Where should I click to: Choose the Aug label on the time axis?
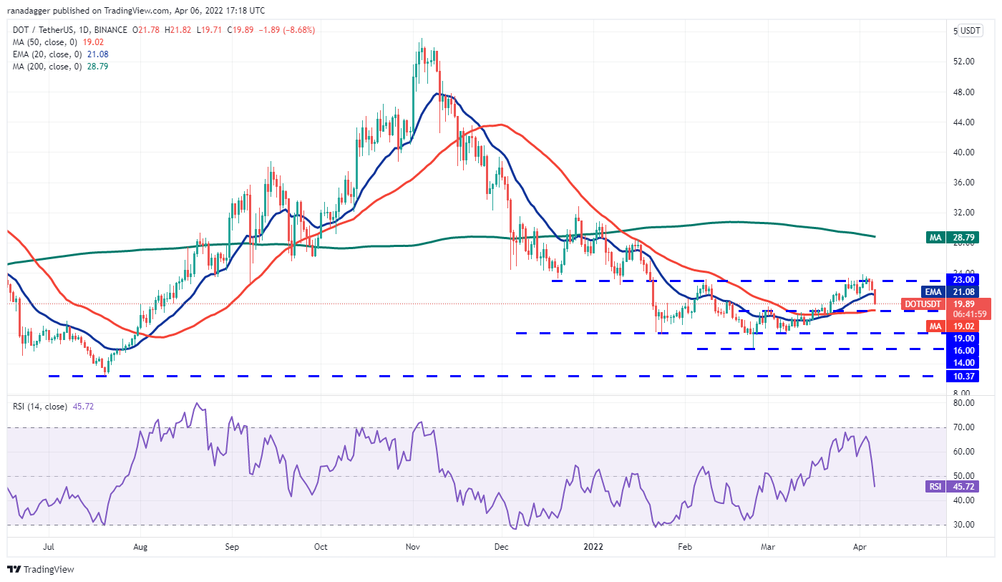tap(140, 547)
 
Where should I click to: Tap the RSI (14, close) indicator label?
tap(39, 407)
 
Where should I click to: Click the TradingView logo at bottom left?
tap(41, 570)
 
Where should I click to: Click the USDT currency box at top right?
tap(971, 31)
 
